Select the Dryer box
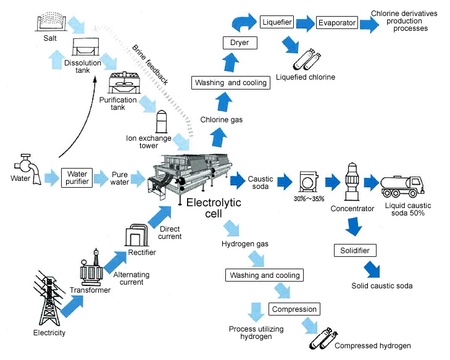[x=239, y=43]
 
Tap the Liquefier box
[x=276, y=23]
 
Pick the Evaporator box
[x=337, y=23]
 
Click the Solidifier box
[x=354, y=251]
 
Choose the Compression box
[x=294, y=309]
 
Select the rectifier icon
[x=136, y=235]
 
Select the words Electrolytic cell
[x=214, y=208]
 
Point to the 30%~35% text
[x=306, y=199]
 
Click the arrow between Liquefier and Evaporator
[x=305, y=23]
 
